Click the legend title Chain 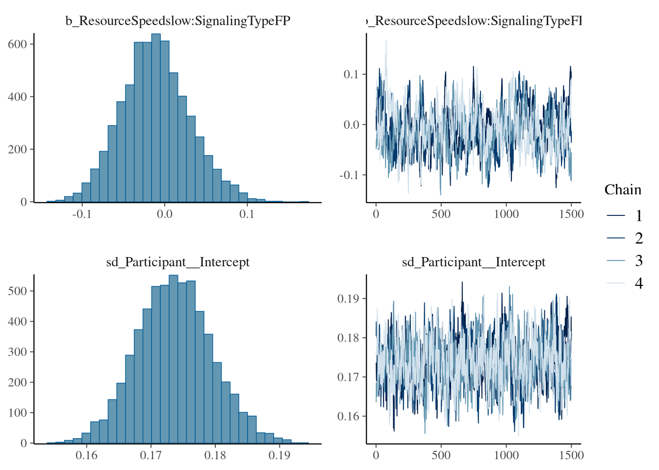pos(623,190)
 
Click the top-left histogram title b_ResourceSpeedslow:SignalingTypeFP pos(178,21)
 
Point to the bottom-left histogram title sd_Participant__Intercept pos(178,262)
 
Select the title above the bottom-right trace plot pos(474,262)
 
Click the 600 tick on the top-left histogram pos(17,44)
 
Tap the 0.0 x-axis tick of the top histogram pos(164,214)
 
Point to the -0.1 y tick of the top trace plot pos(350,175)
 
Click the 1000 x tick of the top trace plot pos(506,214)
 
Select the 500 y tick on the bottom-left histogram pos(17,291)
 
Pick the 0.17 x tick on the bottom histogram pos(151,455)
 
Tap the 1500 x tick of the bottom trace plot pos(571,455)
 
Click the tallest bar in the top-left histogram pos(156,117)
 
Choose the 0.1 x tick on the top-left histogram pos(247,214)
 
